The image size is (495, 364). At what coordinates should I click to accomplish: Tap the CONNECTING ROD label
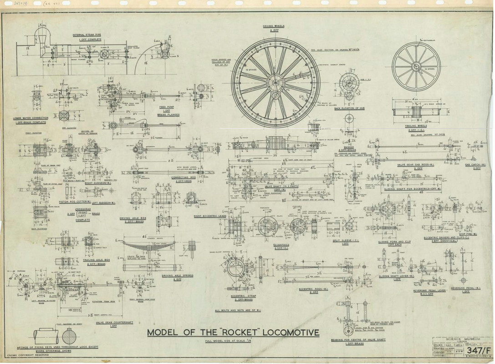[x=183, y=177]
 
